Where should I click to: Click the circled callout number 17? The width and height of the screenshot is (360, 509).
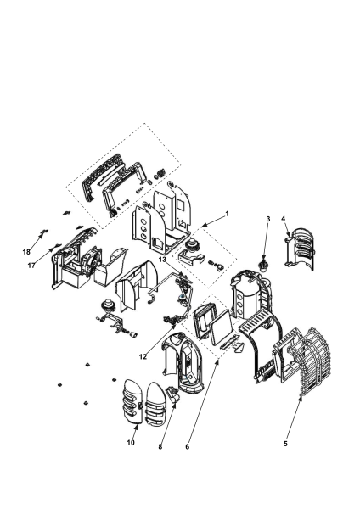point(31,266)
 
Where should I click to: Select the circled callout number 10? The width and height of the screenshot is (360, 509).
point(131,442)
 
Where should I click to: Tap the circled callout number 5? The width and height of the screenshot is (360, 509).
point(286,442)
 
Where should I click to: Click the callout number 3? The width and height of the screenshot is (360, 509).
point(267,220)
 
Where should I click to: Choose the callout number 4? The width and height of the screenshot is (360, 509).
point(284,220)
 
